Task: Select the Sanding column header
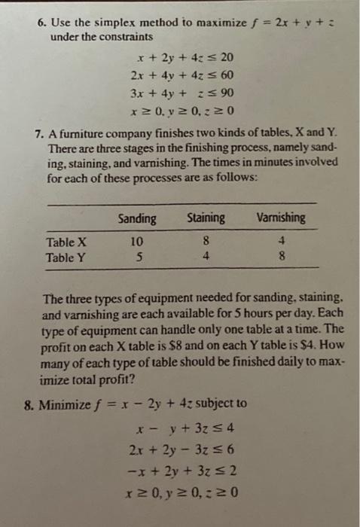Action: [137, 218]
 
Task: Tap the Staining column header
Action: [206, 218]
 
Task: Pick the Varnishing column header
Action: [281, 218]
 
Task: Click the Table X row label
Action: [66, 242]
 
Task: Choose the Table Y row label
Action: [66, 257]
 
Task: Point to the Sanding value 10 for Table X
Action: [136, 242]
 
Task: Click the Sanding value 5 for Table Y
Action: [136, 257]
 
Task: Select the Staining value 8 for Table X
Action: [205, 242]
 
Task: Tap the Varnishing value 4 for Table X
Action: [280, 242]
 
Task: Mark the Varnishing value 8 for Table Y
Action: [280, 257]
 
